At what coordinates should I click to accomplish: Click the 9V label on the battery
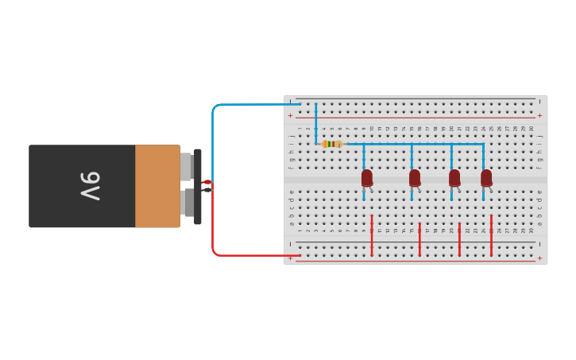click(x=90, y=186)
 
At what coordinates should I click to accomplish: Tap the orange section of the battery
click(x=157, y=186)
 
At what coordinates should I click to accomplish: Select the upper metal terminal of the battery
click(x=186, y=166)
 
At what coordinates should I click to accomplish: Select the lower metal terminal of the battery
click(x=187, y=203)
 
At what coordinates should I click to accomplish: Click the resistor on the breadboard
click(x=333, y=144)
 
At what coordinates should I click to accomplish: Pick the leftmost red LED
click(x=367, y=178)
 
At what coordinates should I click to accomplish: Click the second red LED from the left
click(x=415, y=178)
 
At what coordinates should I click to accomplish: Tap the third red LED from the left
click(x=454, y=178)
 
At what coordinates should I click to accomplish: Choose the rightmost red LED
click(x=486, y=178)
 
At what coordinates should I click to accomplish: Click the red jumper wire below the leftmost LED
click(x=371, y=235)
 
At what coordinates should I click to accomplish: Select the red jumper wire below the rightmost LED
click(x=491, y=235)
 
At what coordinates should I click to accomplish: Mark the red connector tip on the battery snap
click(x=207, y=182)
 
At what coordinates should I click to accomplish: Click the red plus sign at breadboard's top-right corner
click(x=540, y=115)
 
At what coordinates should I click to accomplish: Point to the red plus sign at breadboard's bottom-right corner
click(x=540, y=258)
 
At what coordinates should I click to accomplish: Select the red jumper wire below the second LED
click(x=419, y=239)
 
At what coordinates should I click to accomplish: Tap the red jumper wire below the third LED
click(x=459, y=239)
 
